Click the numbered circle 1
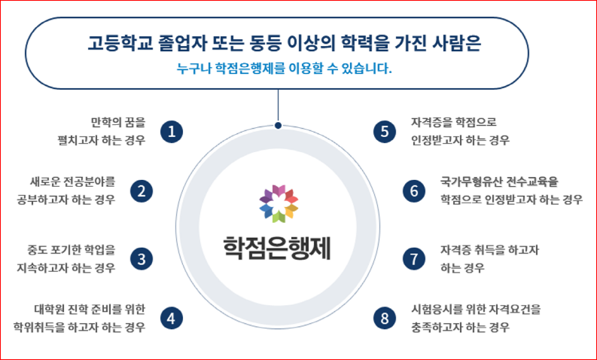click(172, 132)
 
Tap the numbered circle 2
click(142, 191)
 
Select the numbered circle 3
click(142, 259)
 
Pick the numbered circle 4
click(172, 318)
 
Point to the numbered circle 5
click(385, 132)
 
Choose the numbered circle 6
click(414, 191)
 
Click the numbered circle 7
click(414, 259)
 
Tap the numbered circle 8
click(385, 318)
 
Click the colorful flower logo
click(279, 204)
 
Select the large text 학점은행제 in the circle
click(277, 248)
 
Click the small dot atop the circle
click(279, 125)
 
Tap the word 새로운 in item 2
click(43, 182)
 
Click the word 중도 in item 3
click(36, 250)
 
